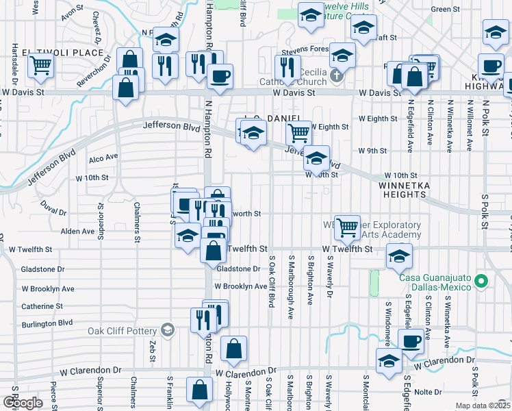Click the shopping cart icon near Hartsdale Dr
41,66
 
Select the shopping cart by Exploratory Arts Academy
348,227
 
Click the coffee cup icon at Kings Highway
491,66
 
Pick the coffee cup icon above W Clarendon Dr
411,340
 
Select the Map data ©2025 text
483,406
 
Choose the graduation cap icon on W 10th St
316,158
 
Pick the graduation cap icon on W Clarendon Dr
389,361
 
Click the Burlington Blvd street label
47,323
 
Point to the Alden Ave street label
77,232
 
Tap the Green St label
445,10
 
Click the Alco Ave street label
103,157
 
